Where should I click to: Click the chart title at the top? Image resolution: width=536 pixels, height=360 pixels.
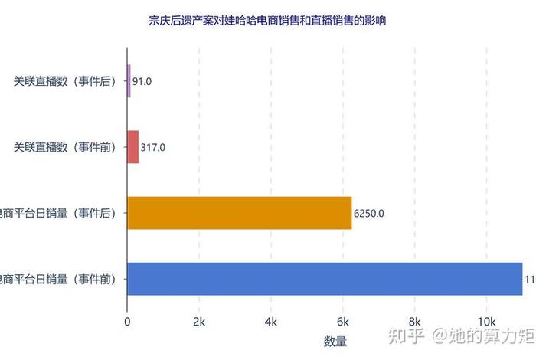click(x=267, y=21)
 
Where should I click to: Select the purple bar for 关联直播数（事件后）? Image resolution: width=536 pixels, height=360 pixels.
click(x=129, y=81)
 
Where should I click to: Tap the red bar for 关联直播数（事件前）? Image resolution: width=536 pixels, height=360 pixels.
click(x=132, y=147)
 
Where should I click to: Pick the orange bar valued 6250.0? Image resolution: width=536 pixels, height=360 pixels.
click(x=239, y=213)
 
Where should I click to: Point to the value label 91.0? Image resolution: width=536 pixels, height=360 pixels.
click(x=142, y=81)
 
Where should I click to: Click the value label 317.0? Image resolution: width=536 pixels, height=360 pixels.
click(x=153, y=147)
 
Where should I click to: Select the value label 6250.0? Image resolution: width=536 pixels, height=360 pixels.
click(x=368, y=213)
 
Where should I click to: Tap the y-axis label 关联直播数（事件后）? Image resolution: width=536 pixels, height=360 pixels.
click(x=64, y=81)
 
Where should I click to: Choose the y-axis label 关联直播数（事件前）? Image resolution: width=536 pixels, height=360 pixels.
click(x=64, y=147)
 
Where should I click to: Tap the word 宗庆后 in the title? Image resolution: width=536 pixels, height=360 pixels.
click(x=162, y=21)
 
